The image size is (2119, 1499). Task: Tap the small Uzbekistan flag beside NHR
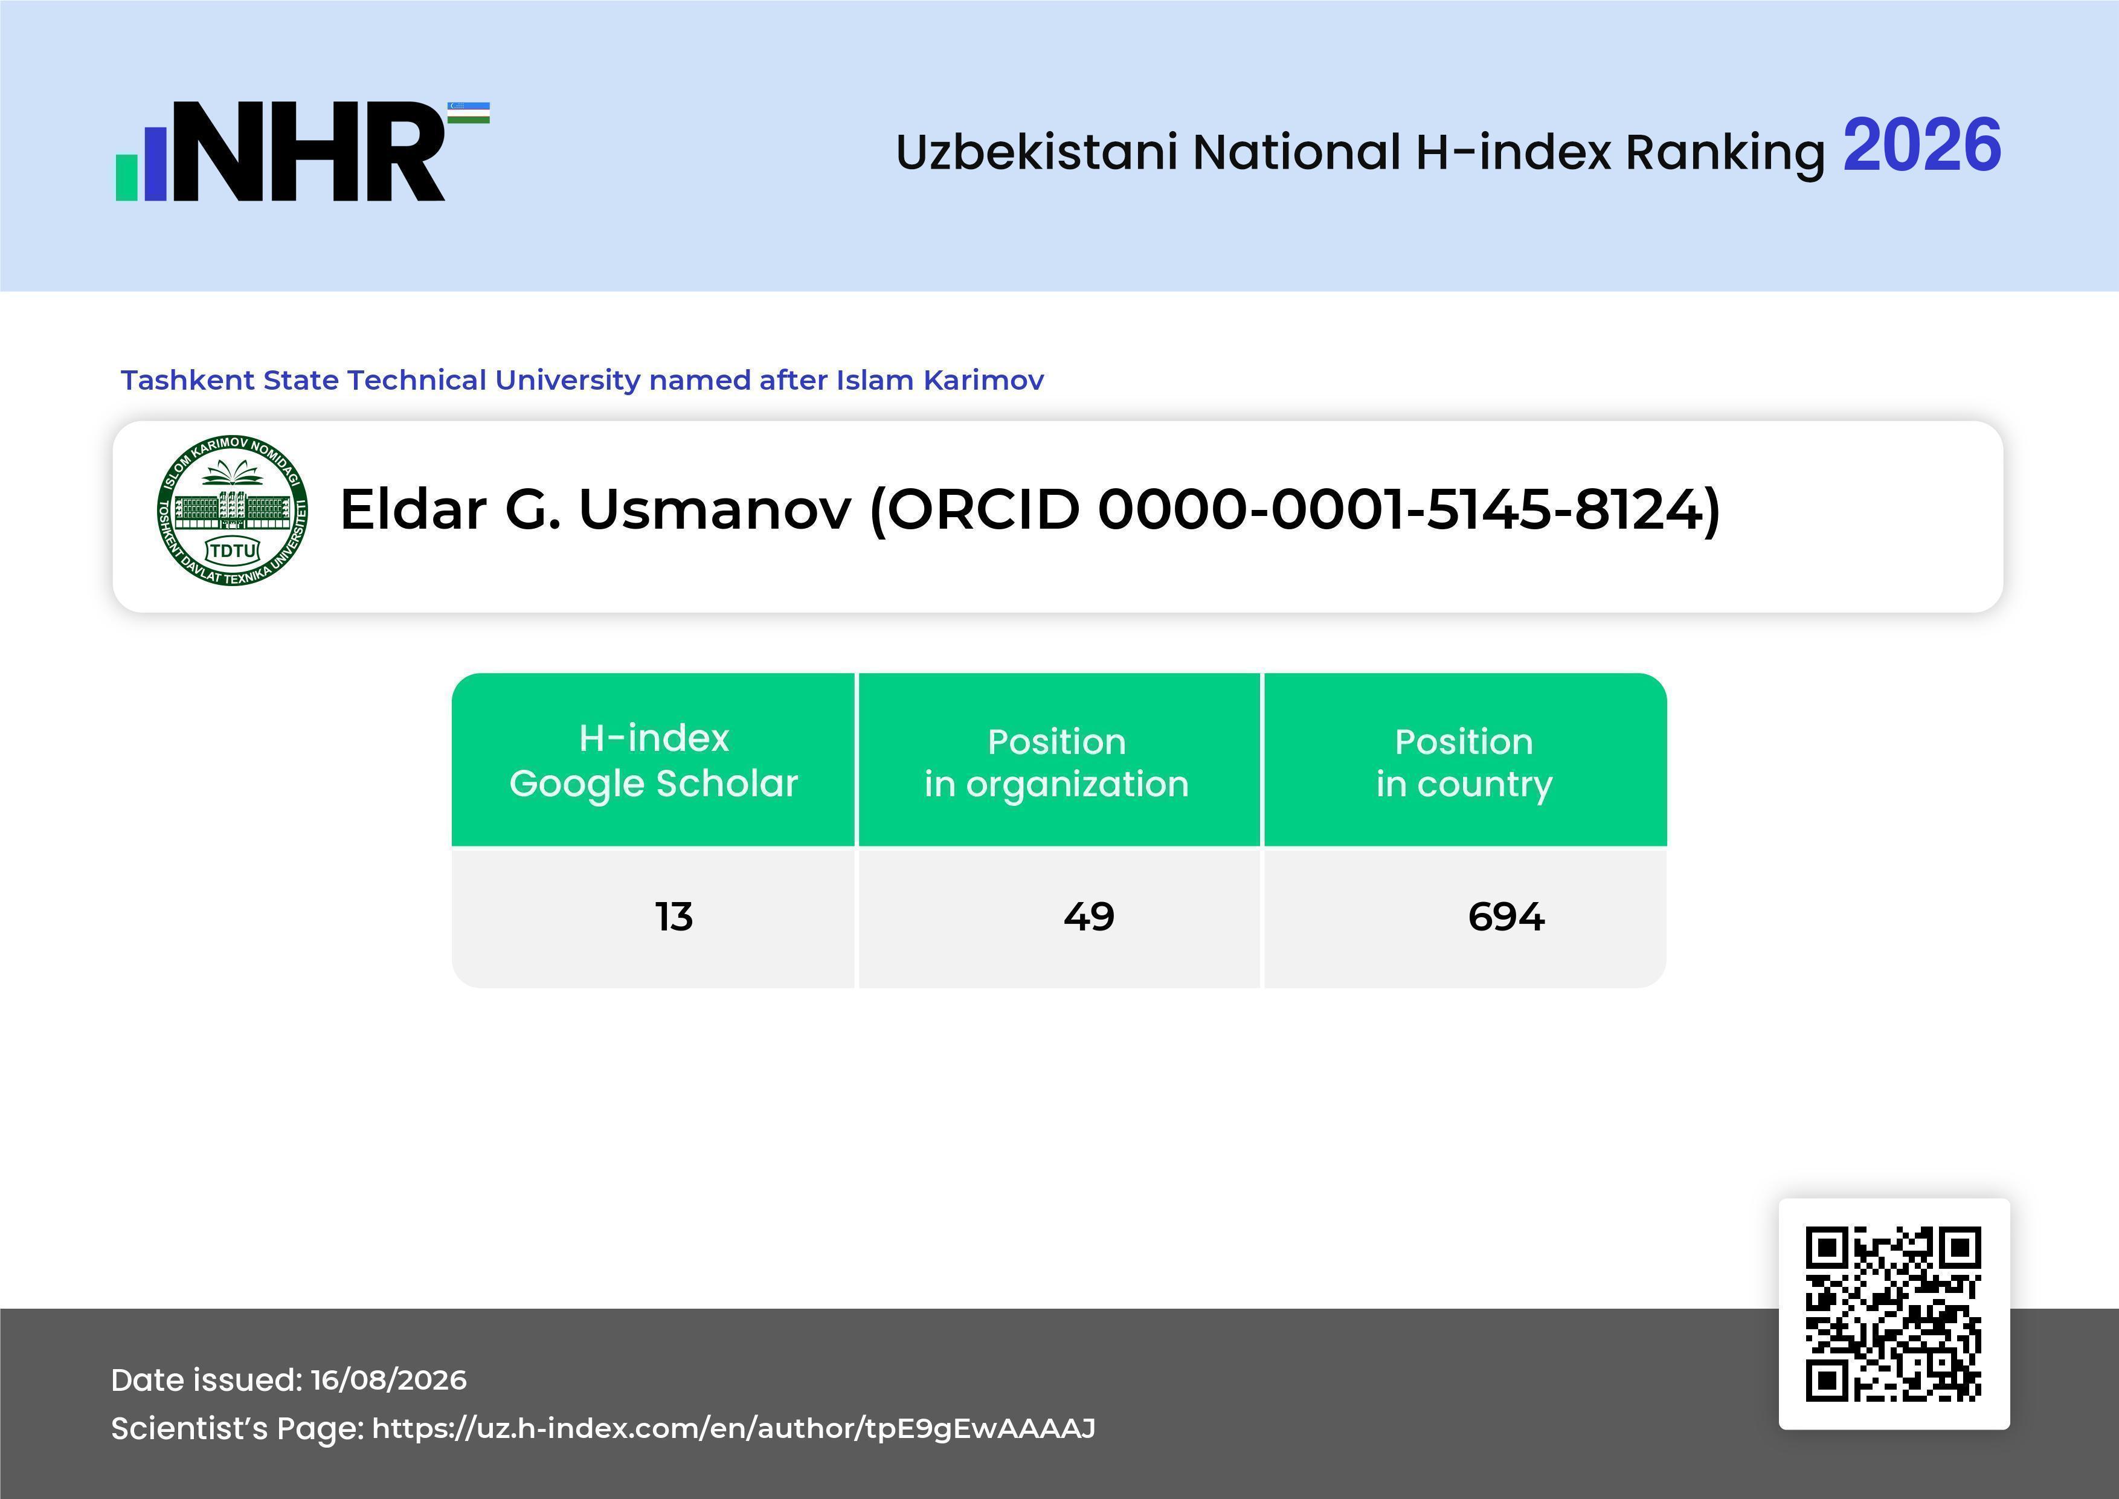[x=469, y=112]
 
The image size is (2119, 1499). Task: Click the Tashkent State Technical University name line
[x=582, y=379]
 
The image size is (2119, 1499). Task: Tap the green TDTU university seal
[x=233, y=511]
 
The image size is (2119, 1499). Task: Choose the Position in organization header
[x=1056, y=762]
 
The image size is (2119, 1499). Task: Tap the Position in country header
[x=1464, y=762]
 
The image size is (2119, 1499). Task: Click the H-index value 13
[x=674, y=917]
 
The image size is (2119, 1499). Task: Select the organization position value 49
[x=1089, y=917]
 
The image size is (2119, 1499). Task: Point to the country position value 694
[x=1506, y=917]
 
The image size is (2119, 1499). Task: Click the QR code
[x=1894, y=1314]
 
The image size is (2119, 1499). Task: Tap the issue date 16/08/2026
[x=388, y=1380]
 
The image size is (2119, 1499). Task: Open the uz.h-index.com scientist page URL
[x=734, y=1428]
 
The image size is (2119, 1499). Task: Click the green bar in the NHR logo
[x=126, y=176]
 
